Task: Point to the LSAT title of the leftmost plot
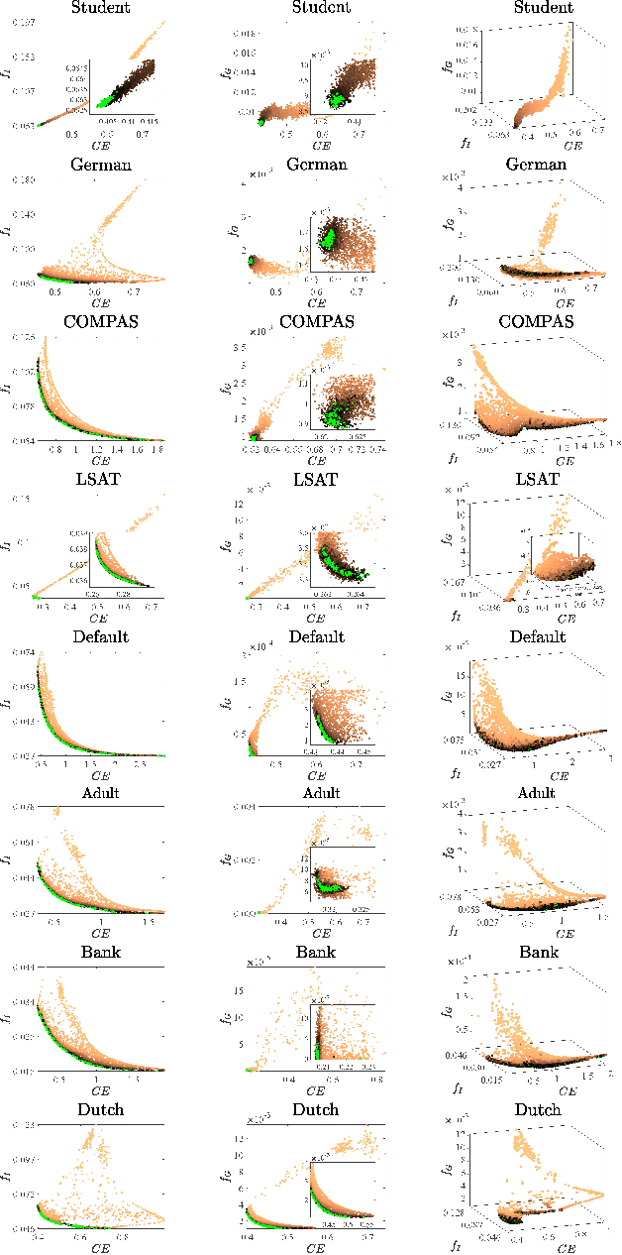point(96,479)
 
